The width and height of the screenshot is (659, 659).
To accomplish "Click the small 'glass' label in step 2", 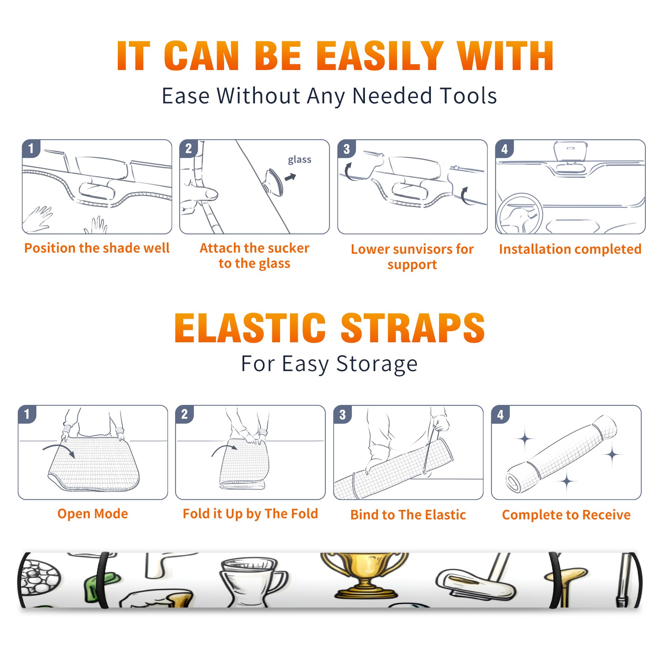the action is (x=299, y=160).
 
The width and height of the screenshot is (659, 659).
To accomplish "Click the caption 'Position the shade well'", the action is (x=97, y=248).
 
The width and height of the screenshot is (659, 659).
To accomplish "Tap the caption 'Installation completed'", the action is (x=570, y=249).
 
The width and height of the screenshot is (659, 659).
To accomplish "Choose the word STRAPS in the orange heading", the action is (x=413, y=328).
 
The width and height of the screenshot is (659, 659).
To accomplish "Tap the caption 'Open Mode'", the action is (x=93, y=514).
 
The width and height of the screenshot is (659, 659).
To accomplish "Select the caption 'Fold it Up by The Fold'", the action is (x=250, y=514).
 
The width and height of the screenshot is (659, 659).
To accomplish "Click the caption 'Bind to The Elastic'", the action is (x=408, y=515).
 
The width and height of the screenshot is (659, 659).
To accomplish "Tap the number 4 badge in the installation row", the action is (x=505, y=149).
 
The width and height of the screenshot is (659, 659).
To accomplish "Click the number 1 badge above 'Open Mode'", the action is (x=27, y=414).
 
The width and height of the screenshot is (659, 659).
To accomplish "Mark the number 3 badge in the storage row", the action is (x=343, y=414).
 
